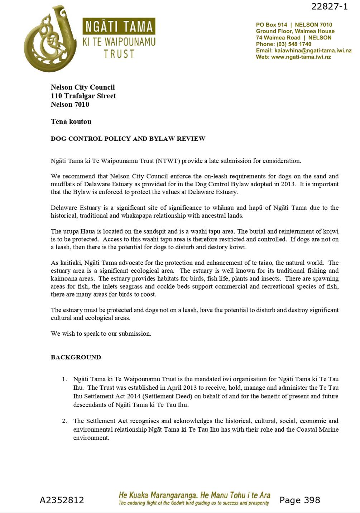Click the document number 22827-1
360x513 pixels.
point(329,6)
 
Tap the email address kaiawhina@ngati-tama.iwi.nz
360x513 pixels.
point(313,51)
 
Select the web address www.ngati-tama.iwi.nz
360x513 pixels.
point(301,57)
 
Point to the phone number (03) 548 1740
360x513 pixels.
point(294,44)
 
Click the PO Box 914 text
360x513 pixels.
point(272,25)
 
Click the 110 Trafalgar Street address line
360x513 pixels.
point(83,96)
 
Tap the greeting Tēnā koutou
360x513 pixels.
point(71,121)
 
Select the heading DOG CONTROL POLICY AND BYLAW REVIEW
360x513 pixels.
point(128,139)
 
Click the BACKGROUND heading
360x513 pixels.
point(76,357)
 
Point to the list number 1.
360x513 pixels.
point(64,379)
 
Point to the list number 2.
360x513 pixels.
point(64,421)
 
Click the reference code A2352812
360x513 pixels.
point(62,500)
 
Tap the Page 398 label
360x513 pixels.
point(299,500)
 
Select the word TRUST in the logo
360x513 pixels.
point(119,54)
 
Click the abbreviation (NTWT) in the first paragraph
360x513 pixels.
point(168,161)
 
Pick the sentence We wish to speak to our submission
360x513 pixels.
point(101,334)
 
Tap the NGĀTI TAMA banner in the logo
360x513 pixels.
point(119,27)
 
